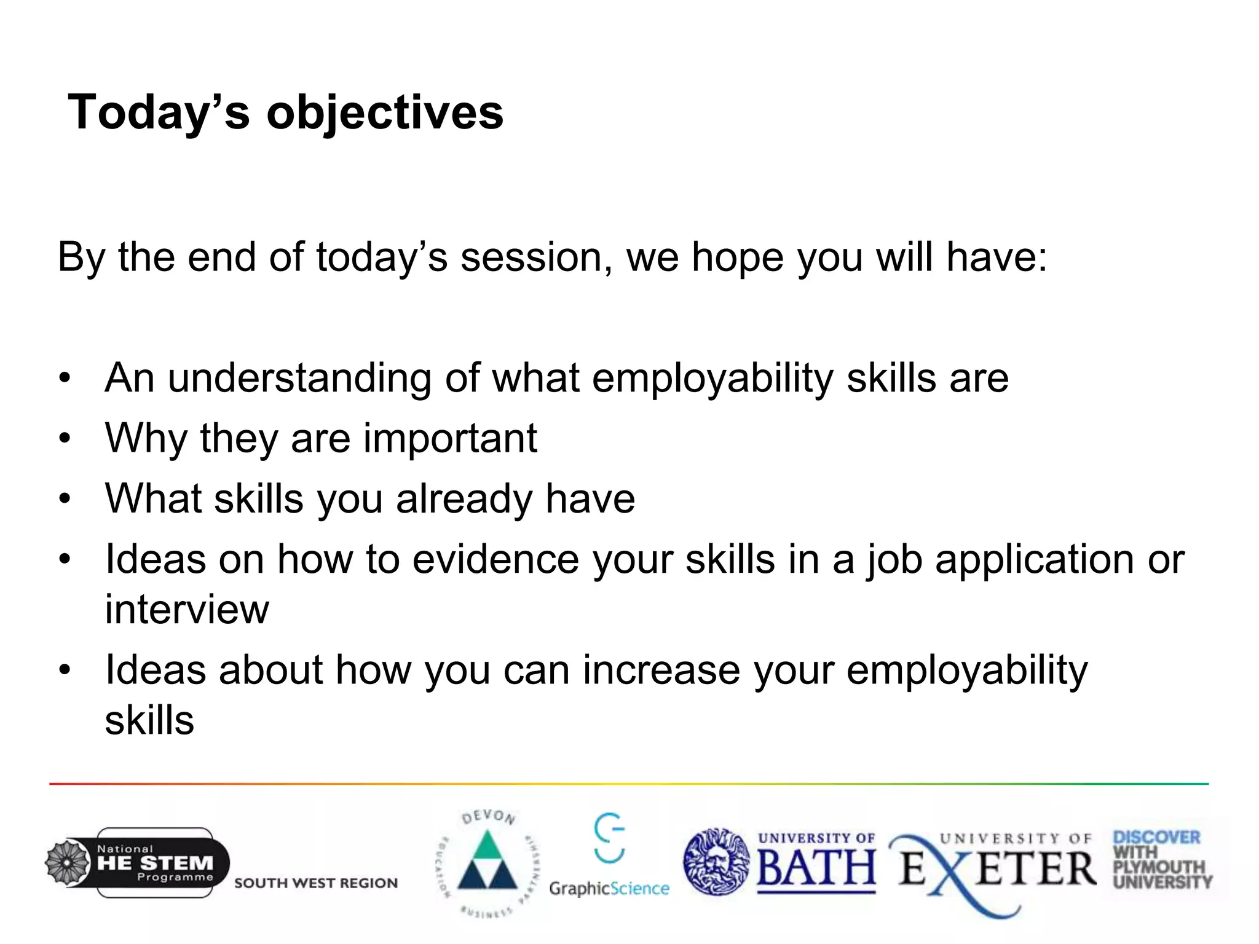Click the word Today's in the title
coord(159,114)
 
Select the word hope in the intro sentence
coord(737,258)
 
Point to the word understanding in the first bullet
coord(299,378)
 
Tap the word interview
coord(187,610)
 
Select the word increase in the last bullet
coord(661,670)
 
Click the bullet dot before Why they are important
coord(65,439)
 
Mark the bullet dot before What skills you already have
coord(65,499)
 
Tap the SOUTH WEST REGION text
coord(316,883)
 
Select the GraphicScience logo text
coord(609,889)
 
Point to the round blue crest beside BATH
coord(717,862)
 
